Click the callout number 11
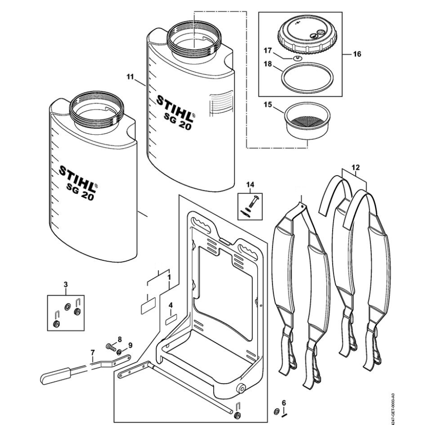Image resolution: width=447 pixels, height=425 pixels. [x=130, y=76]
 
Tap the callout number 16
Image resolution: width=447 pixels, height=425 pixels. [x=357, y=54]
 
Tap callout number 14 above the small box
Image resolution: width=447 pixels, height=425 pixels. [x=250, y=184]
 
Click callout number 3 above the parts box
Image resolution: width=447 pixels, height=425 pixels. [x=66, y=284]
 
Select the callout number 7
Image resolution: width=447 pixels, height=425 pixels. [x=92, y=353]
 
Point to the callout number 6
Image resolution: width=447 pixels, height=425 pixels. [x=283, y=402]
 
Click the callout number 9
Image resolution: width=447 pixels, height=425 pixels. [x=130, y=345]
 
